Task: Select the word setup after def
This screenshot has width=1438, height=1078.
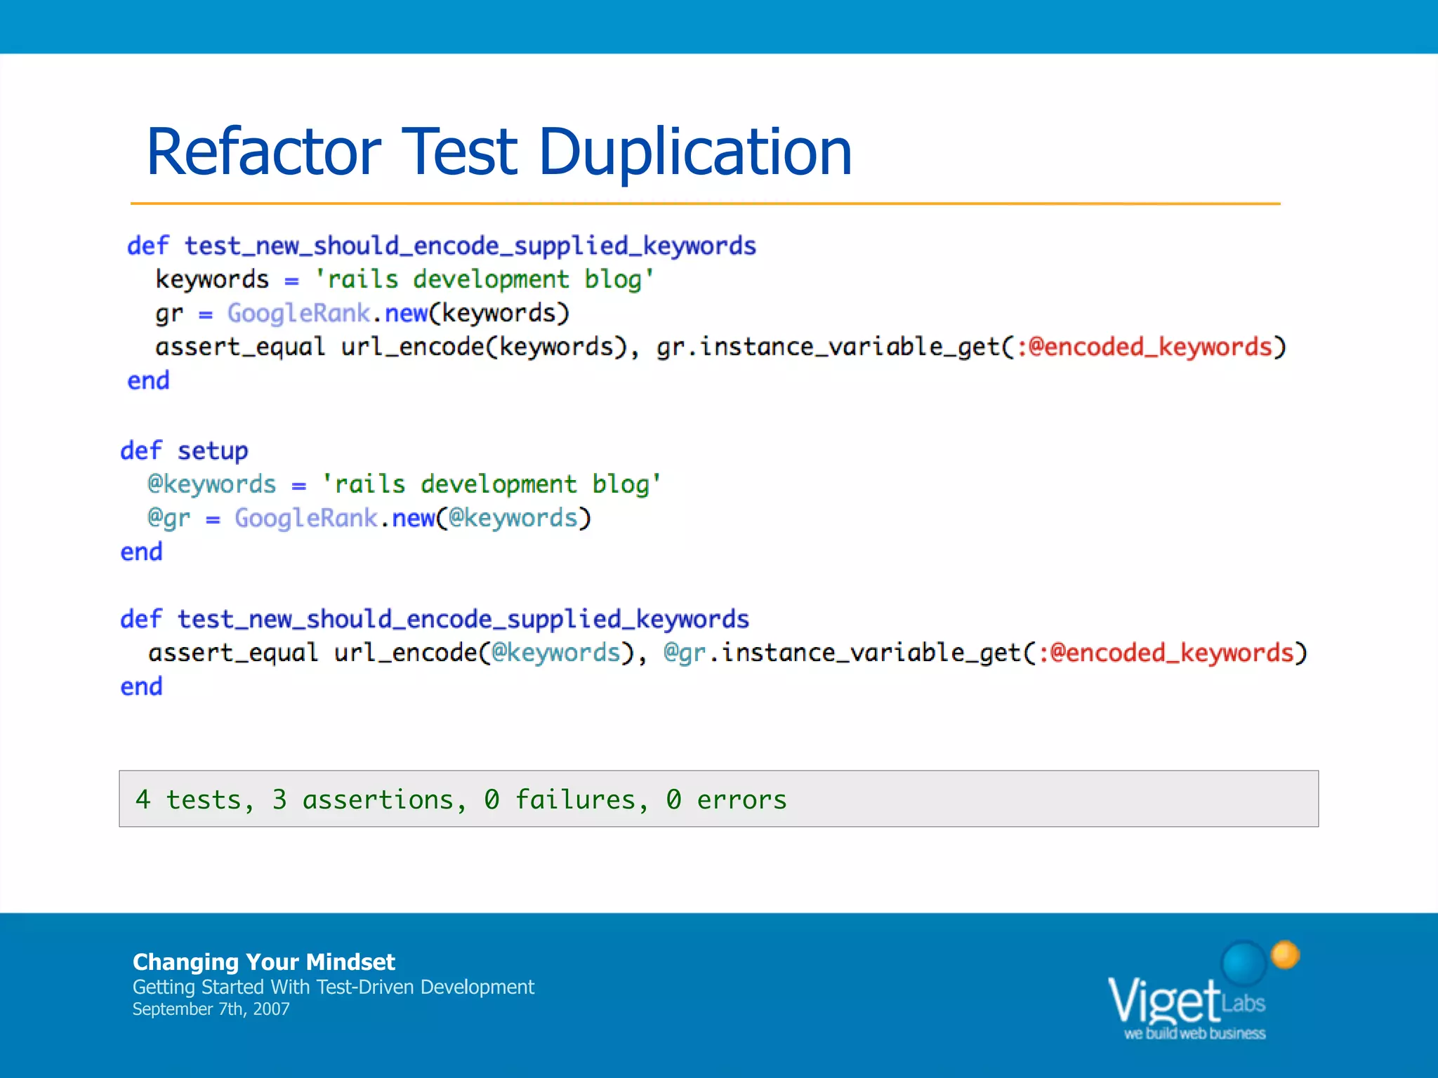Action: coord(213,451)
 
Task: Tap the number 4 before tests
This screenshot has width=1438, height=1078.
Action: coord(143,799)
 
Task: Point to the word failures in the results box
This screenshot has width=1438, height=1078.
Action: coord(575,799)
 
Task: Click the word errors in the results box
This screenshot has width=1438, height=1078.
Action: coord(741,799)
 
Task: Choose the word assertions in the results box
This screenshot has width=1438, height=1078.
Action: coord(378,799)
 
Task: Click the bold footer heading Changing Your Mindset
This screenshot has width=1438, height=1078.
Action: coord(263,961)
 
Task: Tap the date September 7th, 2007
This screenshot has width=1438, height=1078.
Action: coord(211,1009)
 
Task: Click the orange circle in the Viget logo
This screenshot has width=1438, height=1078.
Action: coord(1285,954)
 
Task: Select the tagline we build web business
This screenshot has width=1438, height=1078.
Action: coord(1194,1033)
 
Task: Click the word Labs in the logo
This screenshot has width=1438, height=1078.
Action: coord(1244,1003)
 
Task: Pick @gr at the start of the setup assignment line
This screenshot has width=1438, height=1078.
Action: coord(169,518)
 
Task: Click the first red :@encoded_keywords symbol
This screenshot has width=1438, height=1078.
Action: coord(1145,347)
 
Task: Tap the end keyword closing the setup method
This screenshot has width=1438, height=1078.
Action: coord(141,552)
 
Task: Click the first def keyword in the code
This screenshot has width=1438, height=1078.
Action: coord(147,246)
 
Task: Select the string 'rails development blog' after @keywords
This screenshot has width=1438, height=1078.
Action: coord(491,484)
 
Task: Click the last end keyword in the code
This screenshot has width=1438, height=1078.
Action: coord(141,686)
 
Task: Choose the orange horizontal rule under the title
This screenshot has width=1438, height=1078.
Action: coord(705,204)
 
